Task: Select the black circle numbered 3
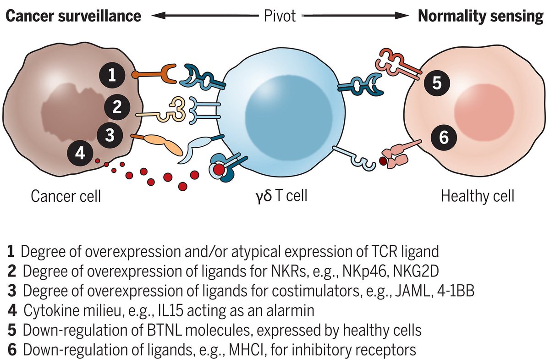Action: click(110, 135)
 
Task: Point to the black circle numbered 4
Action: click(80, 153)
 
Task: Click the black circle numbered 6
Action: click(444, 136)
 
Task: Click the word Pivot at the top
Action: click(280, 16)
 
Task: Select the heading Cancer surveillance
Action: click(73, 16)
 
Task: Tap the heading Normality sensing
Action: click(480, 16)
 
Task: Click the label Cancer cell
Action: click(66, 197)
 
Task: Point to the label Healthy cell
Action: click(477, 197)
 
